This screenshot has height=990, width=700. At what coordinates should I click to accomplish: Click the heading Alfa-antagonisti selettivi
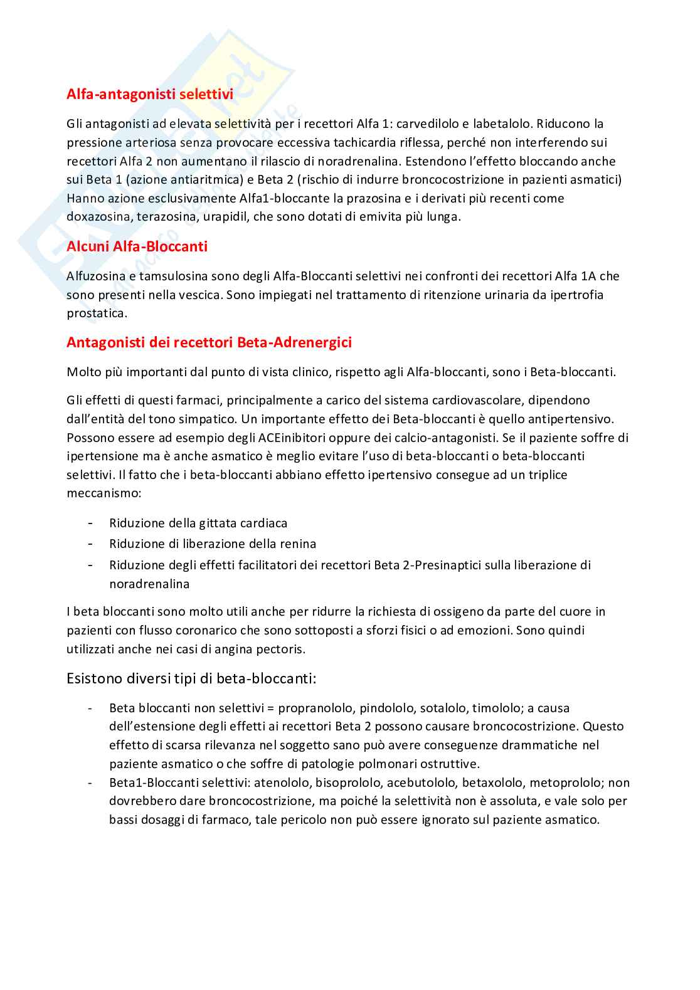[150, 94]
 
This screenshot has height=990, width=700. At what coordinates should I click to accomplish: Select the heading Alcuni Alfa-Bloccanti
[137, 246]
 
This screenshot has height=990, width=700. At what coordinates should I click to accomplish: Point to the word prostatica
[97, 313]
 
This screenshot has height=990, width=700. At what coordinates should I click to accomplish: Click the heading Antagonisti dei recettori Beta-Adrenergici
[209, 342]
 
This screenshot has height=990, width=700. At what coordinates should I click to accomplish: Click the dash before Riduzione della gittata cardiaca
[92, 523]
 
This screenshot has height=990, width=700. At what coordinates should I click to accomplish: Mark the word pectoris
[280, 649]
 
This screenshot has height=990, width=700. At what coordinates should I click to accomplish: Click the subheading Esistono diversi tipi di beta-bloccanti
[191, 678]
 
